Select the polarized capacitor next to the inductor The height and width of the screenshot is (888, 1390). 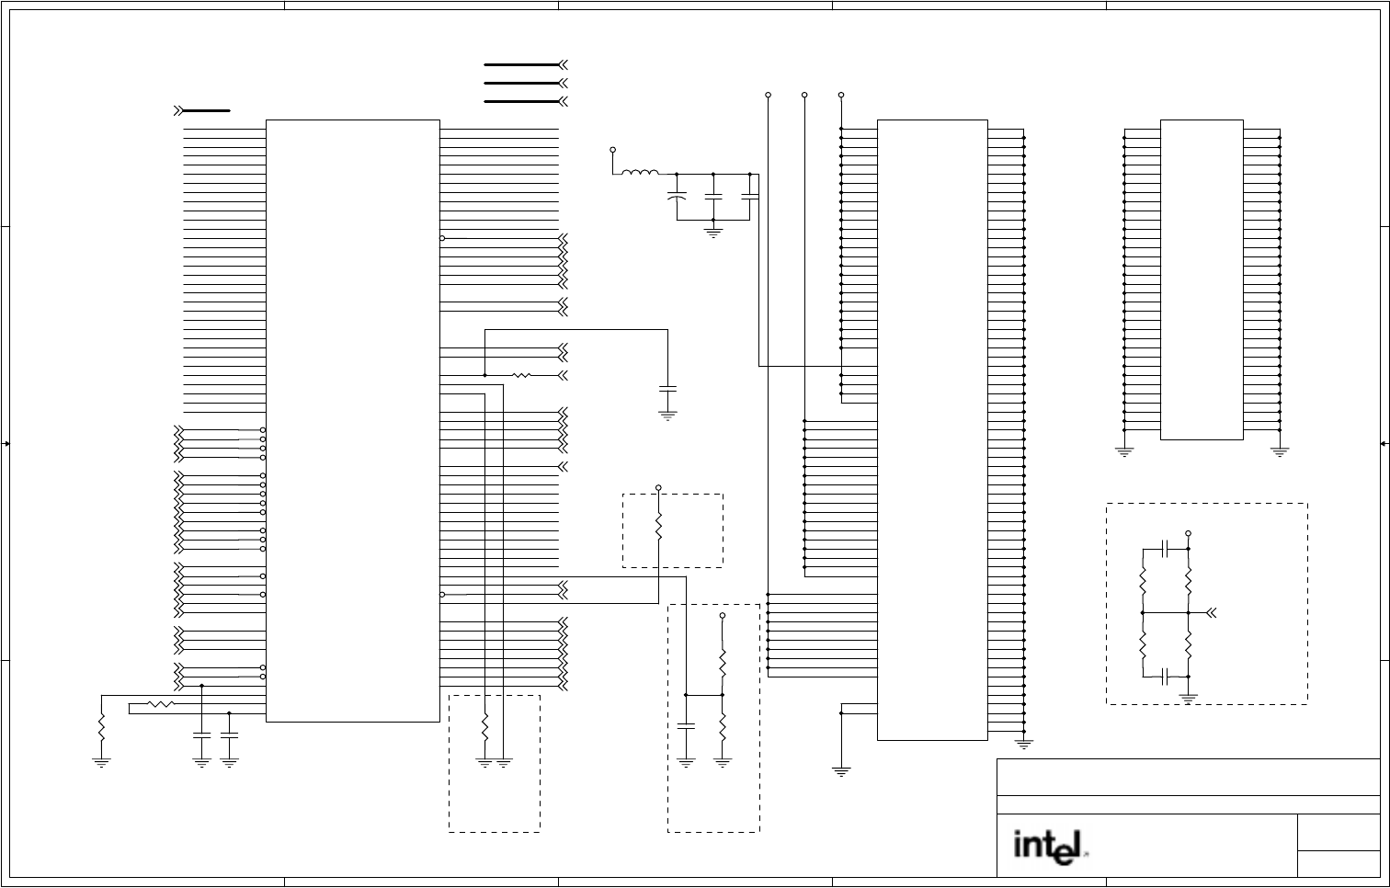[677, 197]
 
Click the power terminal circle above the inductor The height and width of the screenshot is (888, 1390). [613, 149]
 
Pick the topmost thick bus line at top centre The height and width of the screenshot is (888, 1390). [522, 65]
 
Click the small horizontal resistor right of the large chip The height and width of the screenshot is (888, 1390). [521, 375]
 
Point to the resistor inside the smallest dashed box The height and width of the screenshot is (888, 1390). [658, 527]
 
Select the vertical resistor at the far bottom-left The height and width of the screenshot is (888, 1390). [102, 730]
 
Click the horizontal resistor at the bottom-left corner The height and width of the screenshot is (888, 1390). [161, 705]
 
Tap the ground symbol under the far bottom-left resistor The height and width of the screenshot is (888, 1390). [102, 761]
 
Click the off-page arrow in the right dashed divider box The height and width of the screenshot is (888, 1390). [1213, 612]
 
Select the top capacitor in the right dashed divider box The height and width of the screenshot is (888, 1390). [1166, 549]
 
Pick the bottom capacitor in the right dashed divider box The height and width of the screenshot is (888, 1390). [1166, 677]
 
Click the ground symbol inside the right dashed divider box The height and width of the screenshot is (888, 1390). [1189, 696]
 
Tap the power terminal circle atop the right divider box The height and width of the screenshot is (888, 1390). [1189, 533]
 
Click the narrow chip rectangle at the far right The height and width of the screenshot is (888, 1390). [1202, 279]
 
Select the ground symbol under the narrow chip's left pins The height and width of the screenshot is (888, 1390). [1124, 450]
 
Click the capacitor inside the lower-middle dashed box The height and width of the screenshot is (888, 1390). [686, 726]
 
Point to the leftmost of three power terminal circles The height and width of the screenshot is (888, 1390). [768, 95]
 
